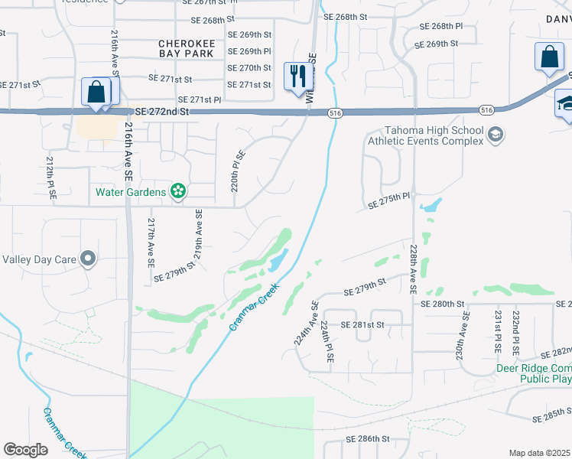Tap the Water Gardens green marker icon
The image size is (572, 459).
pyautogui.click(x=179, y=190)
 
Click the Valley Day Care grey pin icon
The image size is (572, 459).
pyautogui.click(x=88, y=259)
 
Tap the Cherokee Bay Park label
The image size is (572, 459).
pyautogui.click(x=187, y=49)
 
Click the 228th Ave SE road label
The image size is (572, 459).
pyautogui.click(x=413, y=269)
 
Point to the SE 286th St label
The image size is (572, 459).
pyautogui.click(x=369, y=439)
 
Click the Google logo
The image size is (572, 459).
pyautogui.click(x=25, y=450)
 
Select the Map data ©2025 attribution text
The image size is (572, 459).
pyautogui.click(x=539, y=453)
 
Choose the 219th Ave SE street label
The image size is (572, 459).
pyautogui.click(x=198, y=236)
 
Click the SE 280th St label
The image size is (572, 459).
pyautogui.click(x=443, y=304)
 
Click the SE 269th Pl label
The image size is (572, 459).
pyautogui.click(x=249, y=51)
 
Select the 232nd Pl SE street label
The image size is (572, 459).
pyautogui.click(x=516, y=330)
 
